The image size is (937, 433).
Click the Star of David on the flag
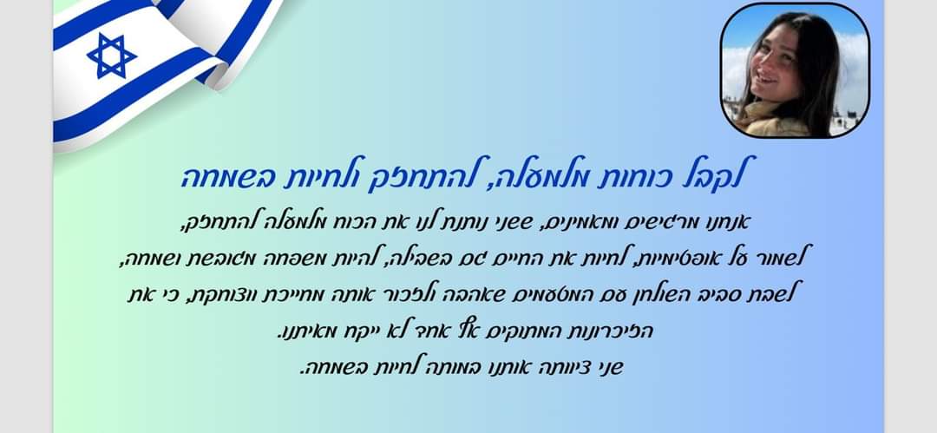pos(112,56)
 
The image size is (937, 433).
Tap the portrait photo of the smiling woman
pos(795,70)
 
